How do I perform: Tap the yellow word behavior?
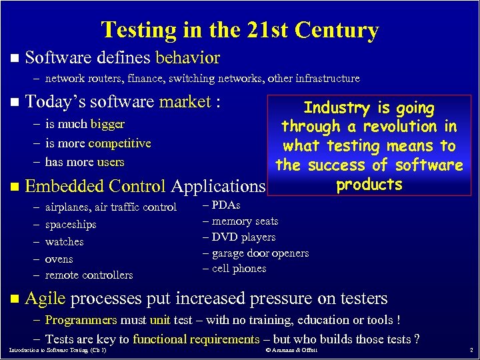(187, 57)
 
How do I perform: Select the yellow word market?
(185, 102)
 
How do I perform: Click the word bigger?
(108, 124)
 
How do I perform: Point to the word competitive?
(119, 143)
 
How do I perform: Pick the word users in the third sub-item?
(111, 162)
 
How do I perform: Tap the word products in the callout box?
(369, 184)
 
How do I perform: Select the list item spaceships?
(71, 225)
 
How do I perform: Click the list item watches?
(64, 241)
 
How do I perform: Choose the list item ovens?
(59, 259)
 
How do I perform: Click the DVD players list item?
(243, 237)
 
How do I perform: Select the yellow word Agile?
(45, 298)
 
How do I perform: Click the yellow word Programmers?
(81, 320)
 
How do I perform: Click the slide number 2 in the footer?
(471, 350)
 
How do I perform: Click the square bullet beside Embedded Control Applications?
(15, 187)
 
